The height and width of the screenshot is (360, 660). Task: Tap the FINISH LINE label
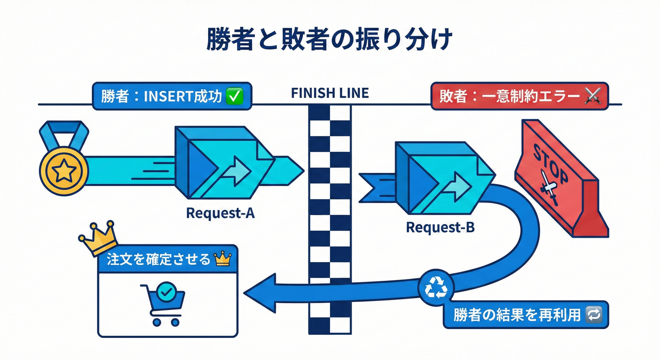click(x=330, y=93)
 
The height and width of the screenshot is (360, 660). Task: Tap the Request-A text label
click(x=220, y=213)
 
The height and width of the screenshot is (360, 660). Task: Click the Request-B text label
click(x=440, y=228)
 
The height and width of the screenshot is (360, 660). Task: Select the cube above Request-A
click(x=225, y=162)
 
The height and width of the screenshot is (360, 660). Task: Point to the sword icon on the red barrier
click(x=549, y=188)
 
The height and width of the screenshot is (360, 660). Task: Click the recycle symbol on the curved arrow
click(x=436, y=287)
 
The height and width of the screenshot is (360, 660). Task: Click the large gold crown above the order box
click(x=98, y=237)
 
